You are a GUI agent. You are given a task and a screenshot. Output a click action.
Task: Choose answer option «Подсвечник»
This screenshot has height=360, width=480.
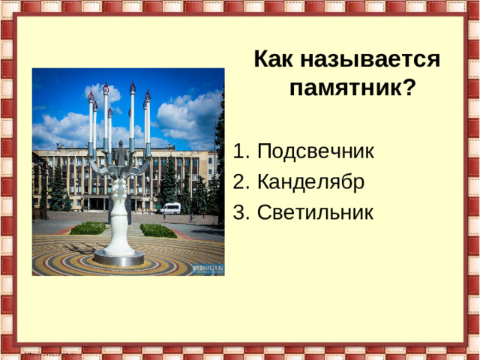click(x=315, y=152)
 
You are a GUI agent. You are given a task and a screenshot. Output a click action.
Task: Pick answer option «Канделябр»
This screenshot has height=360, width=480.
click(x=310, y=182)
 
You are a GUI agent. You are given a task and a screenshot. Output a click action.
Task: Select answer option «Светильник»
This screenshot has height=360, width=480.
click(x=314, y=212)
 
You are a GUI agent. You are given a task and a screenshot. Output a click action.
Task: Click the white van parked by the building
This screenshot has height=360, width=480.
click(x=172, y=208)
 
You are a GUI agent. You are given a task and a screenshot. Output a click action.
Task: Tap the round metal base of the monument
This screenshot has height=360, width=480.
click(x=118, y=259)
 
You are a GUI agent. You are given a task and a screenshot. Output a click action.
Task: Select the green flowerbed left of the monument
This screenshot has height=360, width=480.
click(x=88, y=228)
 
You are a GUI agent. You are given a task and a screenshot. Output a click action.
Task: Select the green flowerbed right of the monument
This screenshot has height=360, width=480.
click(x=158, y=230)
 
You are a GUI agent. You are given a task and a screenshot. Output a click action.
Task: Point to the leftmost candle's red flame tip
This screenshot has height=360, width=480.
click(x=91, y=96)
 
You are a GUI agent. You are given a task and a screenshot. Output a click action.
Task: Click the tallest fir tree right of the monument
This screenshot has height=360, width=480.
click(x=169, y=184)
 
